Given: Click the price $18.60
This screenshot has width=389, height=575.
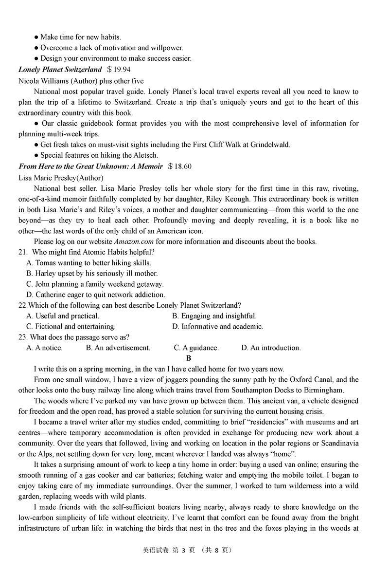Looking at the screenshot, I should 179,167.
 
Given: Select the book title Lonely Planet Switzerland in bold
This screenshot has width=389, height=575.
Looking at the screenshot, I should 60,70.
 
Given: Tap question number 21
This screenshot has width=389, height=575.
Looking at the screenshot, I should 23,252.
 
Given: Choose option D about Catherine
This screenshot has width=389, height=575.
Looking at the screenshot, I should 96,295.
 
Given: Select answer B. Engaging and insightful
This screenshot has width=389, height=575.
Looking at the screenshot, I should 214,316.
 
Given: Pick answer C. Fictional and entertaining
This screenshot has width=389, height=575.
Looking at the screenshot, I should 71,327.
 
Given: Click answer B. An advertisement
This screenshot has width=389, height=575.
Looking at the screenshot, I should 118,348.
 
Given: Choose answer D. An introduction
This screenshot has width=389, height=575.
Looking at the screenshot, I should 271,348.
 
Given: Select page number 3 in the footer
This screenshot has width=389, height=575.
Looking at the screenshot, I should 184,550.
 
